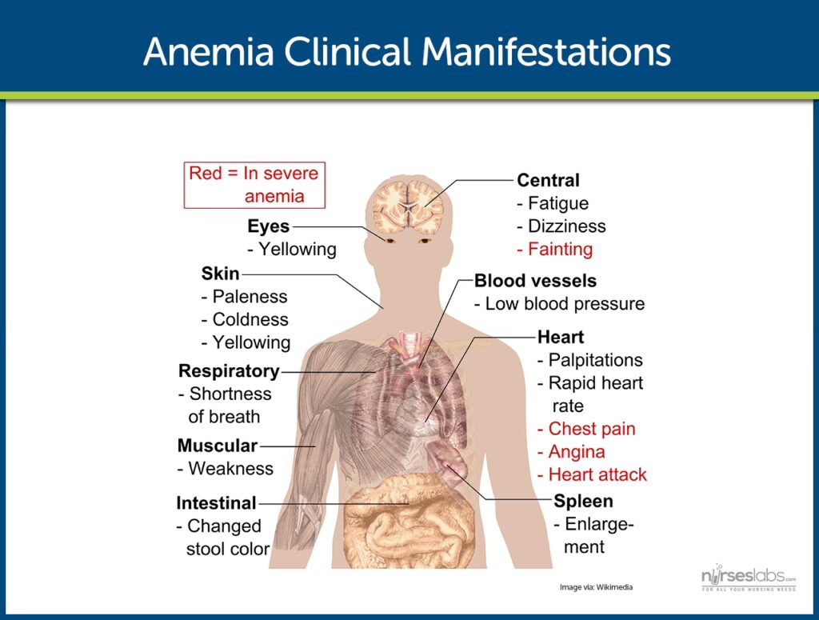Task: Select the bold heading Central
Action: (548, 181)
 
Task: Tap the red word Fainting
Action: (560, 250)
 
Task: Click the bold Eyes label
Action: (268, 226)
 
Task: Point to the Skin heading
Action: (220, 274)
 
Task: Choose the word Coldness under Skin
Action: (250, 319)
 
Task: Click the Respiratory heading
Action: (229, 371)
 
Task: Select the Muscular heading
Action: (218, 446)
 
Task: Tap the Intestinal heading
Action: (216, 503)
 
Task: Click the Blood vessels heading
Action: (535, 281)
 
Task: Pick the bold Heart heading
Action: (561, 337)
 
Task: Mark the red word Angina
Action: (577, 452)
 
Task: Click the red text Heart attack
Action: (597, 474)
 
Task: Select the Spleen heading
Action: (583, 502)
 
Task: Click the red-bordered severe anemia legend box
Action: (254, 185)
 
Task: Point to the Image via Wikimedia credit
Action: (596, 587)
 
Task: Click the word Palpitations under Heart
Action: (595, 360)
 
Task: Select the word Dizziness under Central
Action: (566, 226)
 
